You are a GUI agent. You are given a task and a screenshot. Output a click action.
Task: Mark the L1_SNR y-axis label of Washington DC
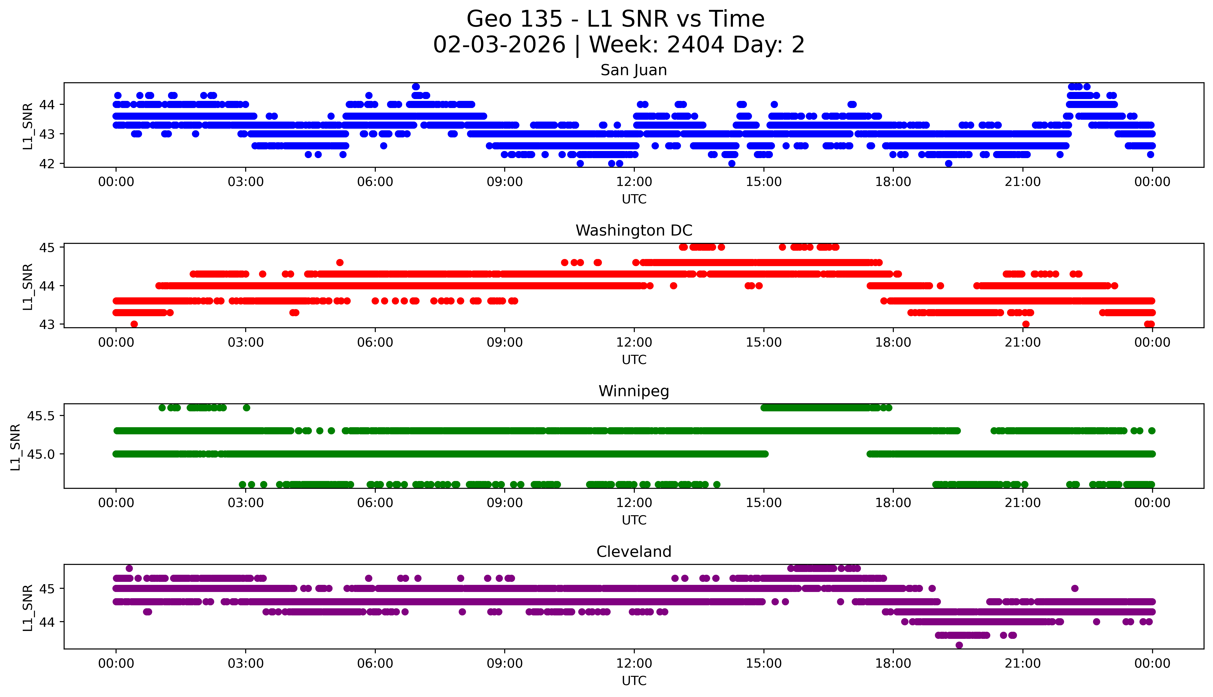(x=28, y=286)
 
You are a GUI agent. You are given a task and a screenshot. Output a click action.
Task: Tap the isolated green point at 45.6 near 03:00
(x=247, y=408)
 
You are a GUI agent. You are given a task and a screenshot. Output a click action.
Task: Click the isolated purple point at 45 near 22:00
(x=1075, y=588)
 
